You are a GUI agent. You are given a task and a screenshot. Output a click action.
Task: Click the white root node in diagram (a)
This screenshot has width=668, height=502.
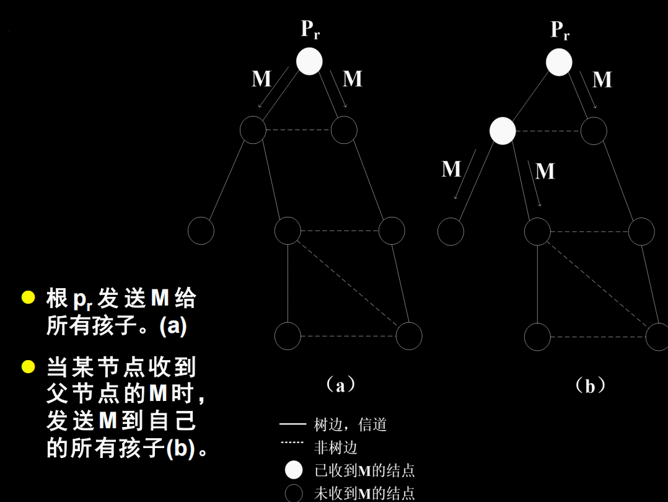click(x=309, y=61)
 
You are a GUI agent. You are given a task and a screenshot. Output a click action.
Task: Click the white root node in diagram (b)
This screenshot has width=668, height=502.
click(x=559, y=63)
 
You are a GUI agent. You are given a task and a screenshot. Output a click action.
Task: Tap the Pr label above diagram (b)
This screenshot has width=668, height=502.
click(x=560, y=30)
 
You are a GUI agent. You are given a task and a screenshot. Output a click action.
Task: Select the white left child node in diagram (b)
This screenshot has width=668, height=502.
click(x=503, y=131)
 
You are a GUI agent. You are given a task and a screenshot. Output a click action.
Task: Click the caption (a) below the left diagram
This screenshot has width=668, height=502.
click(x=340, y=385)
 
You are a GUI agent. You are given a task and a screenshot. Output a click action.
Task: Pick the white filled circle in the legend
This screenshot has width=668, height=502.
click(x=294, y=470)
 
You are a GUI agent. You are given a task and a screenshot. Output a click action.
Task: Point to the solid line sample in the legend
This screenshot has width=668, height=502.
click(x=292, y=425)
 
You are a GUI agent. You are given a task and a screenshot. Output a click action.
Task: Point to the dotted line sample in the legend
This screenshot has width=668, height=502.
click(x=292, y=443)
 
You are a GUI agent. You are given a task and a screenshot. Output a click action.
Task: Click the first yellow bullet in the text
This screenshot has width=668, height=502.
click(x=28, y=297)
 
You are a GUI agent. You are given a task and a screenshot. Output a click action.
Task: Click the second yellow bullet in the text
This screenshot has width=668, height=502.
click(x=28, y=366)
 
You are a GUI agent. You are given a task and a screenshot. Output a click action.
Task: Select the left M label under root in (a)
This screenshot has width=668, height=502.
click(x=261, y=79)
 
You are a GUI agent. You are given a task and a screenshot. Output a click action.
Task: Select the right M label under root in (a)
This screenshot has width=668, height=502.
click(x=352, y=79)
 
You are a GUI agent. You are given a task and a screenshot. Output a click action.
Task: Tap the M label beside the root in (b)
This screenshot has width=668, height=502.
click(x=602, y=80)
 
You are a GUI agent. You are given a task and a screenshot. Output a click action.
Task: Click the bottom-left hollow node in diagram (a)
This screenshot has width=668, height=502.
click(x=288, y=336)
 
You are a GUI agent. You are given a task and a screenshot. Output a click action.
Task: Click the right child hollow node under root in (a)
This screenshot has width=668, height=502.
click(x=344, y=130)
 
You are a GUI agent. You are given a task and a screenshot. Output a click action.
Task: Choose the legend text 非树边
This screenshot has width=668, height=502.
click(x=336, y=447)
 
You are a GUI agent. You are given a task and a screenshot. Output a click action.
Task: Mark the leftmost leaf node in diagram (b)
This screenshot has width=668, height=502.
click(x=450, y=232)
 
